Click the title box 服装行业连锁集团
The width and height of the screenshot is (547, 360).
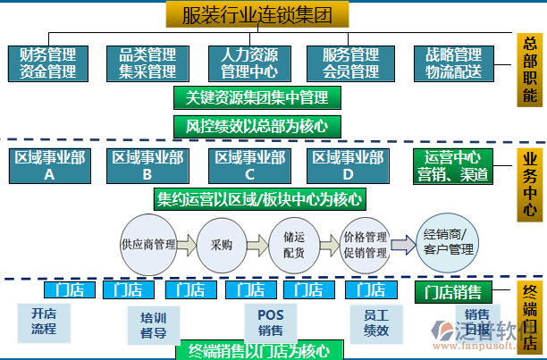pyautogui.click(x=257, y=15)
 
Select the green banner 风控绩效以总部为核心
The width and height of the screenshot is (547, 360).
pyautogui.click(x=257, y=126)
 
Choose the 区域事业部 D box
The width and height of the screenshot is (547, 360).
pyautogui.click(x=348, y=166)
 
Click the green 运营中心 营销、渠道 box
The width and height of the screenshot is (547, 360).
pyautogui.click(x=453, y=166)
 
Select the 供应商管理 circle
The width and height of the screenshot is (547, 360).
pyautogui.click(x=147, y=243)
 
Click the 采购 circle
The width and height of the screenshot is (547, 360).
pyautogui.click(x=221, y=243)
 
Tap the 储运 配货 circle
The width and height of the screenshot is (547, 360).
pyautogui.click(x=294, y=243)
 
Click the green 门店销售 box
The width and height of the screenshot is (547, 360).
pyautogui.click(x=453, y=291)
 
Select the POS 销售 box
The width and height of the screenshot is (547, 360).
pyautogui.click(x=270, y=323)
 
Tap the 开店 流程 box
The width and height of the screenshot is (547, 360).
pyautogui.click(x=44, y=322)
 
